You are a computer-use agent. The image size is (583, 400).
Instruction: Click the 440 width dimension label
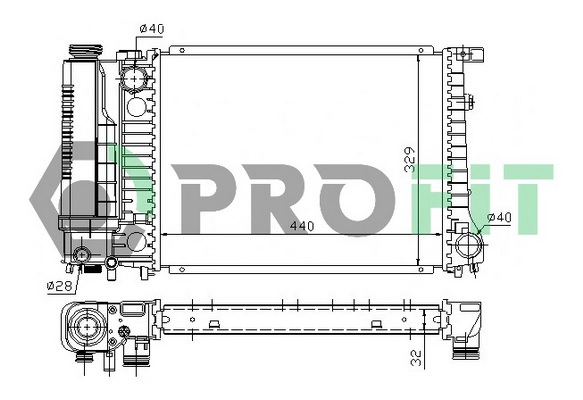coord(300,226)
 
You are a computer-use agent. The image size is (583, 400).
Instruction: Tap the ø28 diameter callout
coord(57,285)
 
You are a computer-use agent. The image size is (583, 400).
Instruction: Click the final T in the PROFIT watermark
coord(525,196)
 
